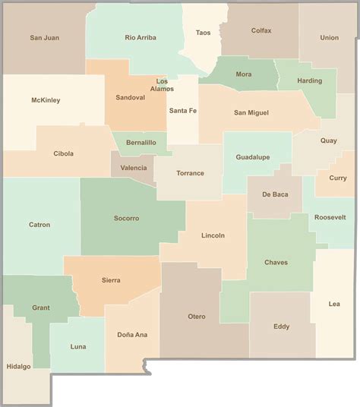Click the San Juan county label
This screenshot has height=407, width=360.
click(45, 37)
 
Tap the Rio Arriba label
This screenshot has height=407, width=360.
click(141, 37)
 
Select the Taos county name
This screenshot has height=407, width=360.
click(203, 33)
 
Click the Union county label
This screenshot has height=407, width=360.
click(330, 37)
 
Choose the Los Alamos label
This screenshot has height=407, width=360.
click(163, 84)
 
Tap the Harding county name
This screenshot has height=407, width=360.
click(309, 80)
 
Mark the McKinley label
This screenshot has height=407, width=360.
click(46, 100)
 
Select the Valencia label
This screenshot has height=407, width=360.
click(134, 168)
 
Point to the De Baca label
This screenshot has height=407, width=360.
click(275, 194)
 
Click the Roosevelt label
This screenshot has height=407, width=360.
click(329, 217)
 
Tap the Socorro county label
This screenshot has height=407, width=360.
click(126, 219)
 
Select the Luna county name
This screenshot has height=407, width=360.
click(78, 346)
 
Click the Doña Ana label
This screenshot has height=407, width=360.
click(132, 335)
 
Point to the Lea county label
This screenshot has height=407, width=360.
click(334, 304)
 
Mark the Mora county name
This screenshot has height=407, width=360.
click(244, 74)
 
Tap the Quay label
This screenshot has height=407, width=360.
click(328, 140)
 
